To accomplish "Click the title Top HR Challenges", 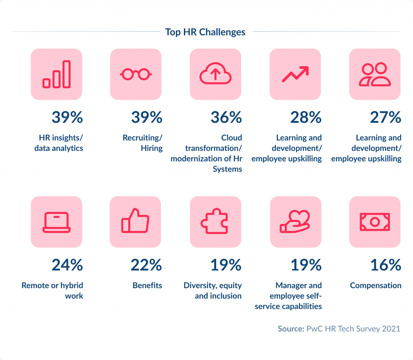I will [x=205, y=32].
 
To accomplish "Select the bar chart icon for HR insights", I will [x=56, y=74].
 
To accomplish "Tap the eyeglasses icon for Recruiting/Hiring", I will [x=136, y=74].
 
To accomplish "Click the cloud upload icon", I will [x=215, y=74].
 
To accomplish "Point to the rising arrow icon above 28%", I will [x=295, y=74].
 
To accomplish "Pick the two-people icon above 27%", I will [x=375, y=74].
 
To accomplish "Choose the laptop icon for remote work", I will [x=56, y=222].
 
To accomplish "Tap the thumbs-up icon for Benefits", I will [x=136, y=222].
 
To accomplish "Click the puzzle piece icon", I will [x=215, y=222].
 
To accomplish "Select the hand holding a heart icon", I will [x=295, y=222].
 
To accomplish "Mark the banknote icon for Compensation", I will [x=375, y=222].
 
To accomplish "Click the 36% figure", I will [x=226, y=117].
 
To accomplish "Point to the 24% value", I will [x=67, y=265].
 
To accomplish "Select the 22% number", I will [x=146, y=265].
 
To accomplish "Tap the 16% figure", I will [x=386, y=265].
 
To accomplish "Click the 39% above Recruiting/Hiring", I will [x=147, y=117].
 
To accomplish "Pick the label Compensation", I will [x=375, y=285].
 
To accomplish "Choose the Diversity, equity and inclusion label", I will [x=213, y=291].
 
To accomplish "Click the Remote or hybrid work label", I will [x=52, y=291].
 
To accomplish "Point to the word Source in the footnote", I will [x=290, y=329].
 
